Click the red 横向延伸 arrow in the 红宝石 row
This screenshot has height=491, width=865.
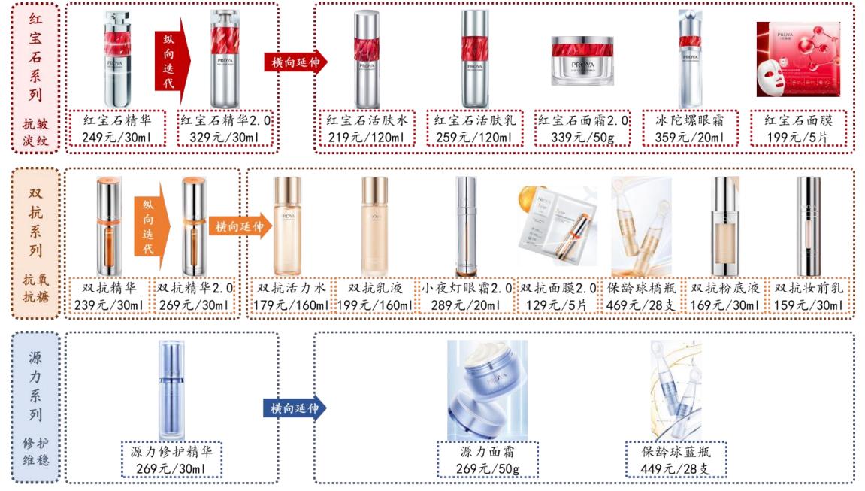tap(297, 62)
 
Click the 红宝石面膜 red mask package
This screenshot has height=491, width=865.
tap(798, 59)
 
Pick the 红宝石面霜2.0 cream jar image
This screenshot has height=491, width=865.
tap(578, 62)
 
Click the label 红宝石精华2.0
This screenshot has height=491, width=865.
tap(226, 120)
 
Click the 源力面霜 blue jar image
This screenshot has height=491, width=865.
tap(487, 389)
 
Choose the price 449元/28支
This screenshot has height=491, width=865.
tap(676, 470)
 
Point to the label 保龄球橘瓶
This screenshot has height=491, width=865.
tap(642, 288)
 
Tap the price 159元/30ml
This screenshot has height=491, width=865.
tap(809, 305)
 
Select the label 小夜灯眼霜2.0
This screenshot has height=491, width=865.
tap(466, 288)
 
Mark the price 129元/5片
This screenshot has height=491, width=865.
tap(558, 305)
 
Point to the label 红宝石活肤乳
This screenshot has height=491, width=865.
tap(473, 120)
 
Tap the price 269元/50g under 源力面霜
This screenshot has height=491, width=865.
tap(488, 470)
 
